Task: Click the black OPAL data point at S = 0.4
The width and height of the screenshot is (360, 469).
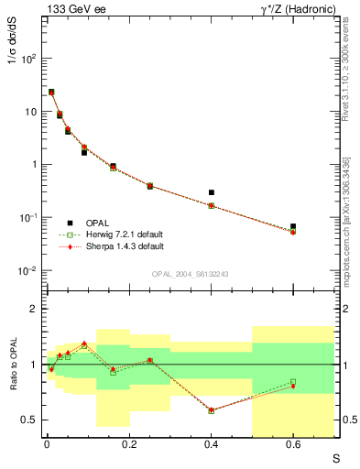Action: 212,192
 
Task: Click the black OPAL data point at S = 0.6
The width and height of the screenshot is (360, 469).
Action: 293,226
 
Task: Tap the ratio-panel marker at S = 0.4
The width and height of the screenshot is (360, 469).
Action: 212,410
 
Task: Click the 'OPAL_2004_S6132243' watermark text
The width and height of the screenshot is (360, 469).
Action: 190,274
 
